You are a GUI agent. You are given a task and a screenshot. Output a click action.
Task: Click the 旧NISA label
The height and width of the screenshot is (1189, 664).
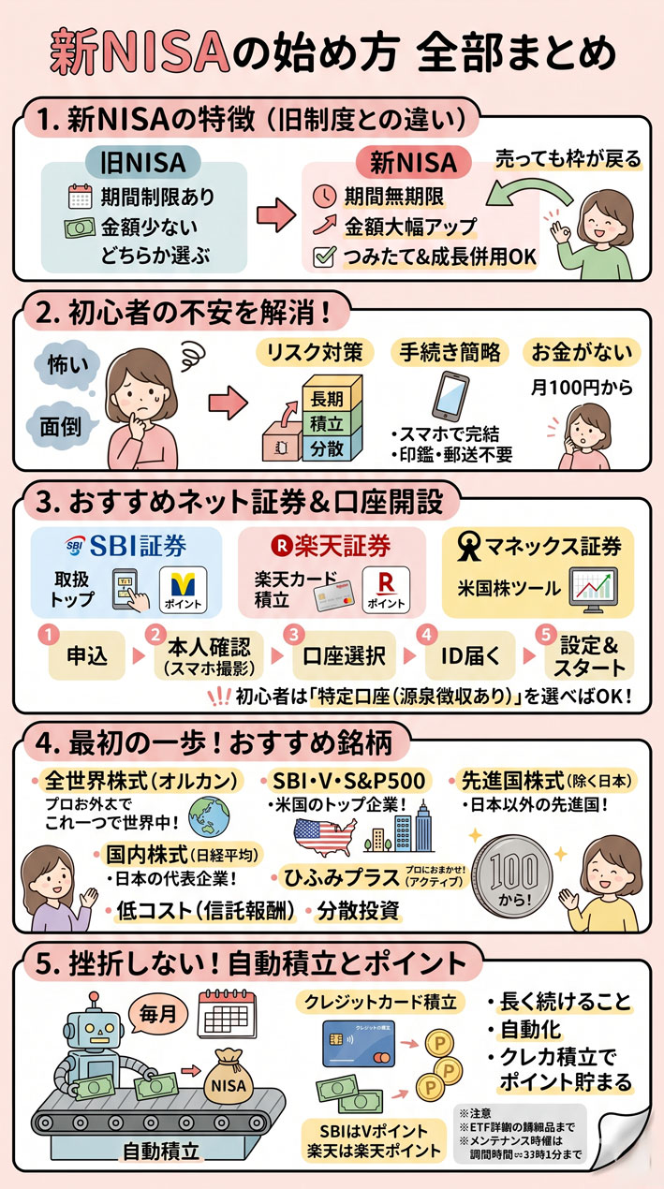(x=142, y=163)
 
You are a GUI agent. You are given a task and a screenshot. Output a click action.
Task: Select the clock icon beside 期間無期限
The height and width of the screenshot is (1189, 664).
(x=323, y=198)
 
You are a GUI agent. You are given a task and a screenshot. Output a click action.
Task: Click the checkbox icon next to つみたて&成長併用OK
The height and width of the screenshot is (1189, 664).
(x=323, y=257)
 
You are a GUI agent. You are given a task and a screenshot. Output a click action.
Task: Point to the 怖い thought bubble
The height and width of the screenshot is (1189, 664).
(x=64, y=362)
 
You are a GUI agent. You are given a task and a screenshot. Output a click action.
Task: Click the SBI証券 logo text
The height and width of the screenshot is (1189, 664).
(x=126, y=545)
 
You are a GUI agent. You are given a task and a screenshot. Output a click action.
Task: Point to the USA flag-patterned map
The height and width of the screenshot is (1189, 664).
(x=321, y=833)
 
